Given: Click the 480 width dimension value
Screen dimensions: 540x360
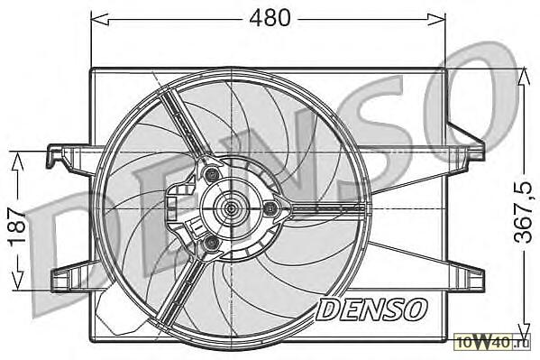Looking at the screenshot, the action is point(270,18).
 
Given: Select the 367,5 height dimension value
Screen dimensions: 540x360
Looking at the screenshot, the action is point(524,212).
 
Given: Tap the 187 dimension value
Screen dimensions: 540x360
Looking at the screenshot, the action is point(17,226).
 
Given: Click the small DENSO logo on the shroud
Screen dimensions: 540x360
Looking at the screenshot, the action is point(371,309).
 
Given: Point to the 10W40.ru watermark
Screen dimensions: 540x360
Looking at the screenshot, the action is point(492,343).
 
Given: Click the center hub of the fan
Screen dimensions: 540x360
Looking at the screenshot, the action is point(230,208).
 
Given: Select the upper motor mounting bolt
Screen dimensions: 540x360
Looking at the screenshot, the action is point(211,173).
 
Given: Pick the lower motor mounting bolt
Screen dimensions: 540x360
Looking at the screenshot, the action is point(210,243).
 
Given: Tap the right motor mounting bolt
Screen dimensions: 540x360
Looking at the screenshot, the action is point(271,208).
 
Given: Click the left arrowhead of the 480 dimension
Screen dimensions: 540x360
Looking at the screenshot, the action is point(100,19).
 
